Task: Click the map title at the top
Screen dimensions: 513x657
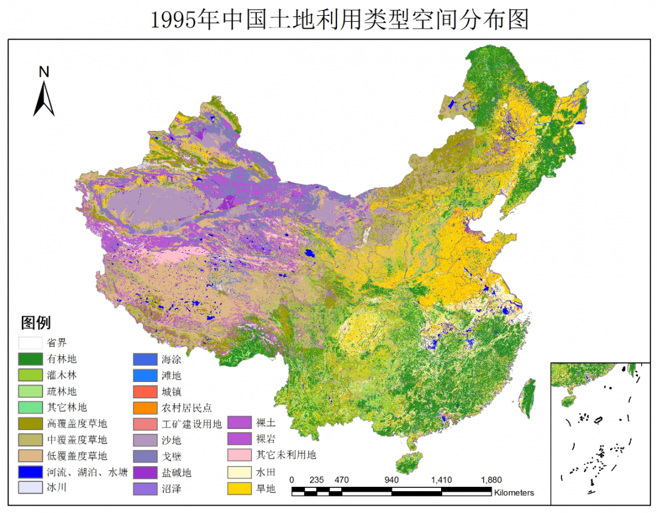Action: (x=339, y=19)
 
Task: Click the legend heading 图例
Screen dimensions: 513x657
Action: (x=36, y=322)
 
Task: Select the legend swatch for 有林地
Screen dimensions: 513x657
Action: (x=30, y=359)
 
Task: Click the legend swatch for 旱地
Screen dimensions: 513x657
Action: (x=240, y=489)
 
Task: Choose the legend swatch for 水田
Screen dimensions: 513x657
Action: (x=240, y=472)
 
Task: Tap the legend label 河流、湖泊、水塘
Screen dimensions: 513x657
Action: (x=87, y=472)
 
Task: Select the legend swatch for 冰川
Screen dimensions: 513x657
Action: (x=30, y=487)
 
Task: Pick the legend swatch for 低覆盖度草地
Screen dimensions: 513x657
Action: (x=30, y=456)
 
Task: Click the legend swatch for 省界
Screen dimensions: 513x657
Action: (x=30, y=343)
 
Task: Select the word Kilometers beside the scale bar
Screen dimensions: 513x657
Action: (x=514, y=492)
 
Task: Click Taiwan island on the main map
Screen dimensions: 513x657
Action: (x=529, y=394)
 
